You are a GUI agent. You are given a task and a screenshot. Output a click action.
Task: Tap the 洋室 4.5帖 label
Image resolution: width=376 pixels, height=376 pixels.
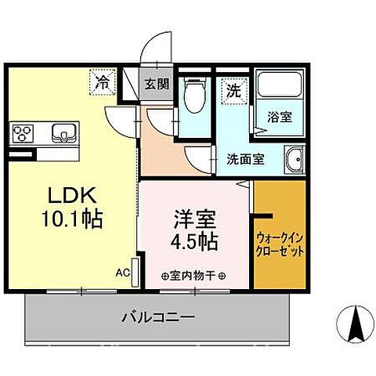(x=192, y=230)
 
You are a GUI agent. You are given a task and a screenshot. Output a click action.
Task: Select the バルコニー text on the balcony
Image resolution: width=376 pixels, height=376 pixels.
(x=158, y=318)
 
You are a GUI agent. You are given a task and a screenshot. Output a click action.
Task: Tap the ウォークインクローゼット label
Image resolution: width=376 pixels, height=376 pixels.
(x=279, y=248)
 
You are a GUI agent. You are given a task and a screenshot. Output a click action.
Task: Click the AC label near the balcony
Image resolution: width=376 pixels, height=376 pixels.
(x=123, y=273)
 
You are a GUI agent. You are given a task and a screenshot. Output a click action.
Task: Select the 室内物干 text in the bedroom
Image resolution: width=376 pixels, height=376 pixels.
(x=192, y=276)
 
